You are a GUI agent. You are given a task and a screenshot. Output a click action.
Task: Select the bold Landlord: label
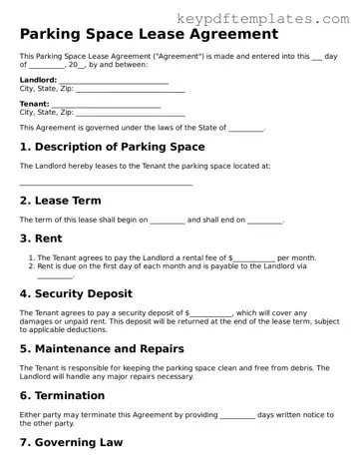tap(38, 81)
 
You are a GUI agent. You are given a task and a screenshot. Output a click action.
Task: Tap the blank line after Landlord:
tap(113, 82)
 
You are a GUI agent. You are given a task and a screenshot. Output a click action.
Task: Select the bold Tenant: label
tap(34, 103)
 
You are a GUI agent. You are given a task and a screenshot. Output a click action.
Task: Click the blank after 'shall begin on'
tap(168, 220)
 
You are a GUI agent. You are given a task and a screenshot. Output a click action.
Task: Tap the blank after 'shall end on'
tap(264, 220)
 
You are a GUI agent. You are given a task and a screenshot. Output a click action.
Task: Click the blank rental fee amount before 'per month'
tap(254, 258)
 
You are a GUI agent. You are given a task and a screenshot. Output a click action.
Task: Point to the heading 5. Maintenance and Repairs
tap(116, 349)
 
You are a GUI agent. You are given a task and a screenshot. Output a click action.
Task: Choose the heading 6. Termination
tap(70, 395)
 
